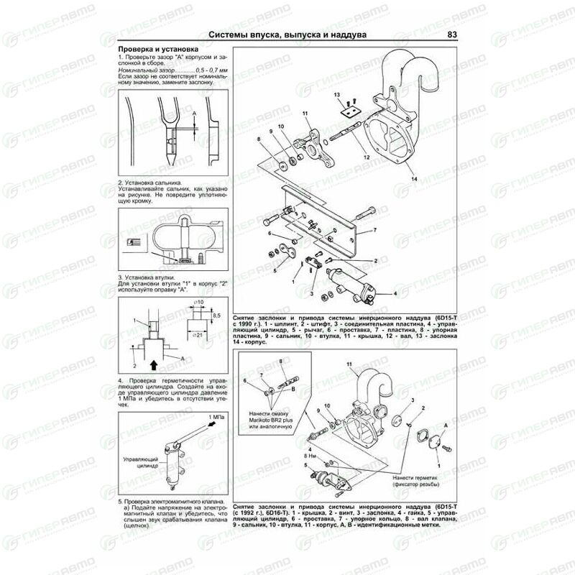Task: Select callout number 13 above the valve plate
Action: tap(336, 95)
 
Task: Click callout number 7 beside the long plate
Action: tap(374, 232)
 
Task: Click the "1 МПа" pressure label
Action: tap(214, 417)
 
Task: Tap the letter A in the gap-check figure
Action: tap(194, 113)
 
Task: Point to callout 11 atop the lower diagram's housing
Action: tap(350, 366)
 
